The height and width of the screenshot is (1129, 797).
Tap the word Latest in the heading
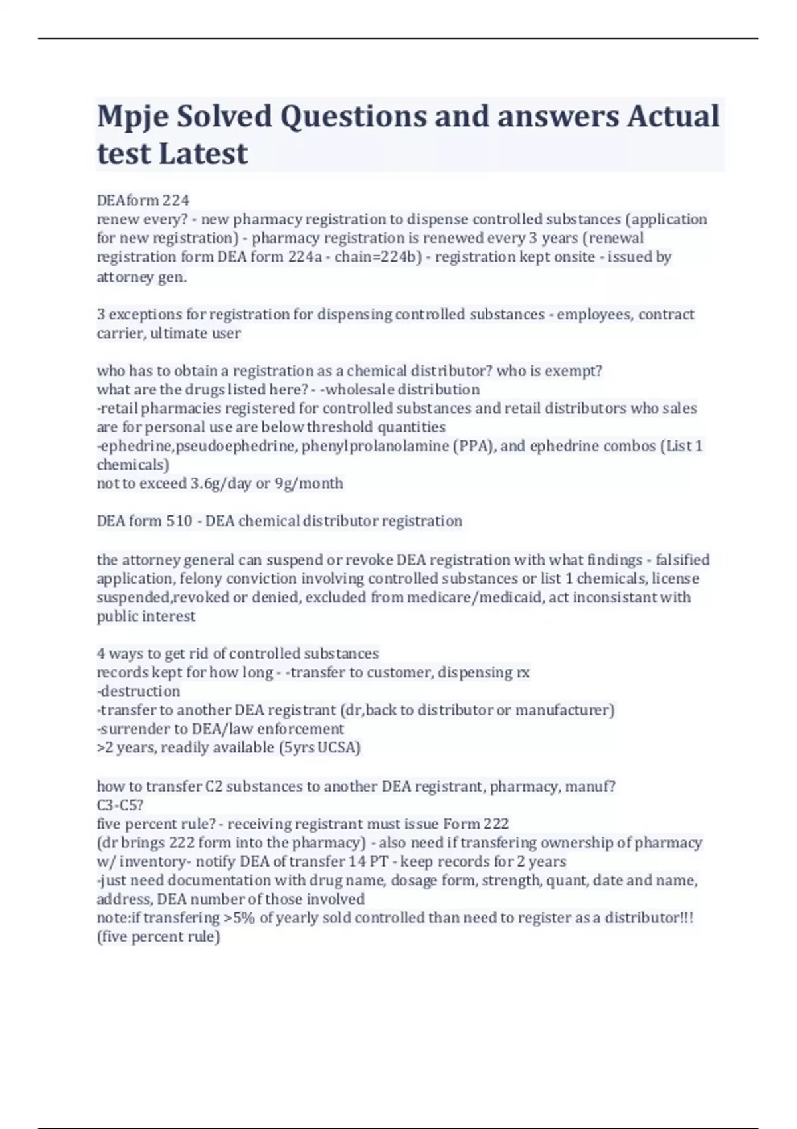[203, 154]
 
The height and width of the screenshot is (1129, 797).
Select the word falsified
[682, 560]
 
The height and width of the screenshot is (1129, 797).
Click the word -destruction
[138, 691]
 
